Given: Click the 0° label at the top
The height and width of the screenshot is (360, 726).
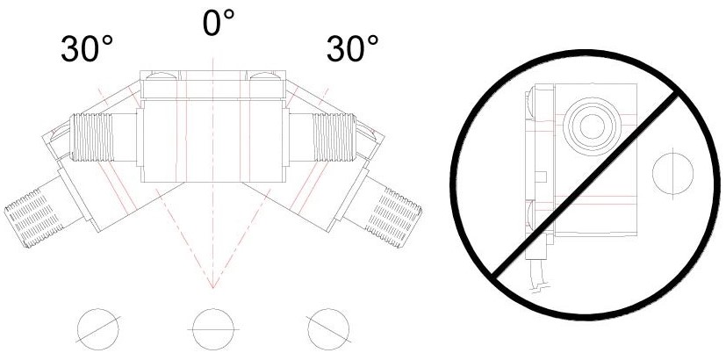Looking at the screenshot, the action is click(219, 23).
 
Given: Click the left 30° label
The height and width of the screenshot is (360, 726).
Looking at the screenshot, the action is click(87, 48).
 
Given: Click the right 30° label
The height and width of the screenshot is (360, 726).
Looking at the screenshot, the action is click(352, 48).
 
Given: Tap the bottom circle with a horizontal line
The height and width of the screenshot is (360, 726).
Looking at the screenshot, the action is click(213, 329).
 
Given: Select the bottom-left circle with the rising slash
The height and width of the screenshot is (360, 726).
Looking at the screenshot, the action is click(98, 329).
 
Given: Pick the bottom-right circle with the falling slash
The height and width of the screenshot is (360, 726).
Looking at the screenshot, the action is click(328, 329).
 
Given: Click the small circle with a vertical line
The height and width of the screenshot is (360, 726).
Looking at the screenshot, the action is click(672, 174).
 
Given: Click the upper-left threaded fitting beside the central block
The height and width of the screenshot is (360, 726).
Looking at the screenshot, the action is click(91, 138).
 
